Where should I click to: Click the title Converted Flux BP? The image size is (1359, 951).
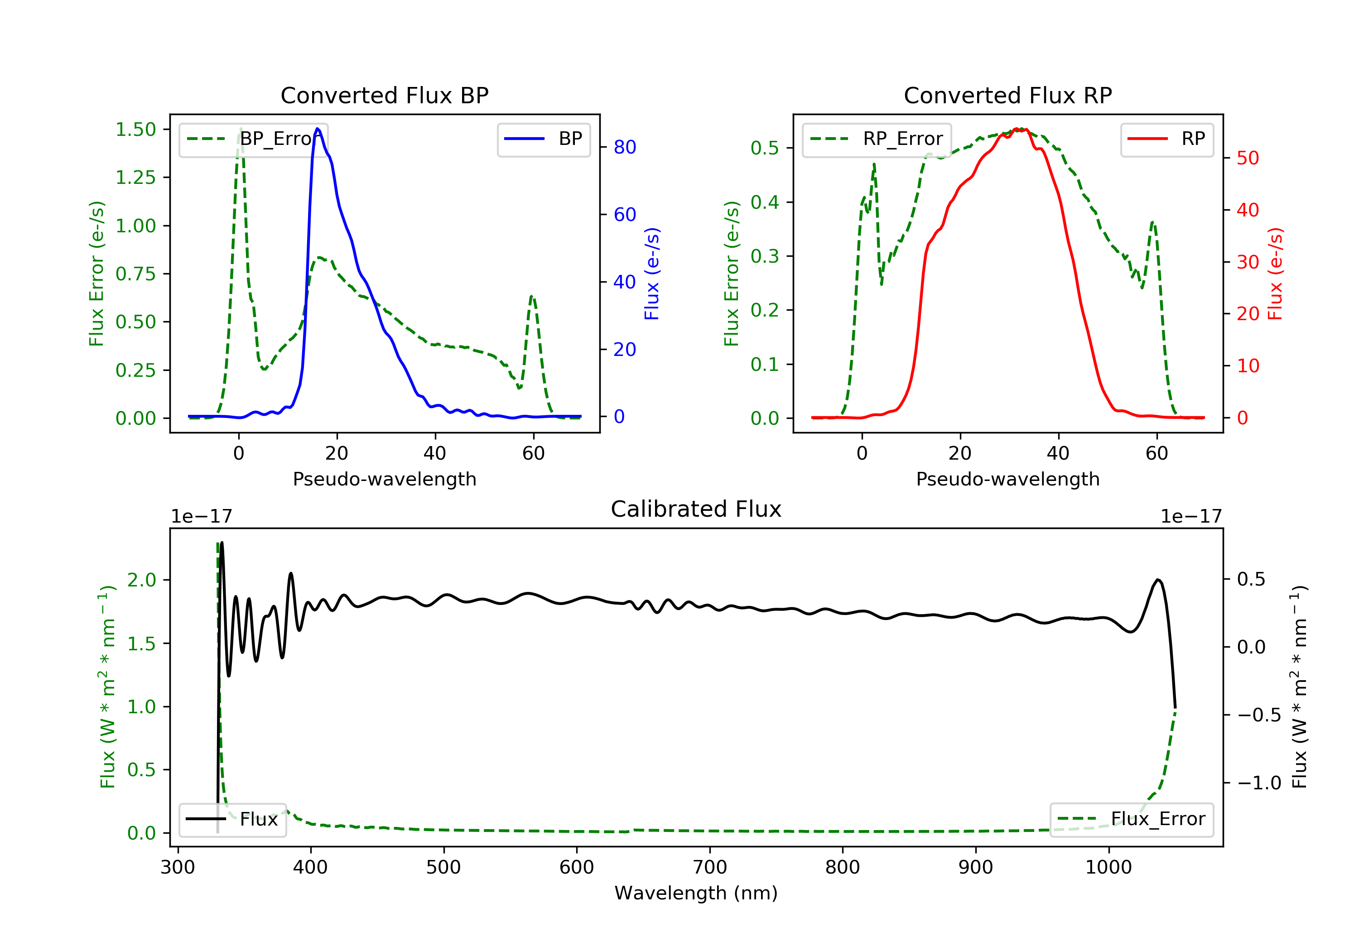(x=384, y=95)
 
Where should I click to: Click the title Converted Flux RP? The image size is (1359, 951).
(x=1007, y=95)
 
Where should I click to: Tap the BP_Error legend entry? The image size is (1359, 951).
(x=253, y=139)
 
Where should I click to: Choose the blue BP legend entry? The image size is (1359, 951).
(x=543, y=139)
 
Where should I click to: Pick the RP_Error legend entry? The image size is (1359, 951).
(x=877, y=139)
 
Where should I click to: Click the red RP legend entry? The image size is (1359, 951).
(x=1166, y=139)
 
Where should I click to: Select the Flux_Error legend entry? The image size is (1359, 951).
(x=1131, y=819)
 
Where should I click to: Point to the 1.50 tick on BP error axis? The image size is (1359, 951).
(x=135, y=130)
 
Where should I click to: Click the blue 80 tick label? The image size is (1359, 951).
(x=624, y=147)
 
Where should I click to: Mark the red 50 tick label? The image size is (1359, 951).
(x=1248, y=158)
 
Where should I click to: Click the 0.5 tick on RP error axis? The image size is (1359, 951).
(x=765, y=148)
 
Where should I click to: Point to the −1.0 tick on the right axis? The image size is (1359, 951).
(x=1259, y=783)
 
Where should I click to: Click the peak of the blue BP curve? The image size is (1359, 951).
(x=318, y=129)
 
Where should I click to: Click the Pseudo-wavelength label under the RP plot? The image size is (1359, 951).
(x=1007, y=479)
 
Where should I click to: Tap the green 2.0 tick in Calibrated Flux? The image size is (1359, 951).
(x=142, y=580)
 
